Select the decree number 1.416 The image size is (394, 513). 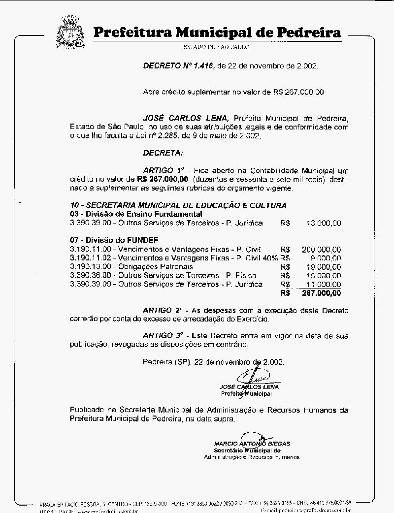[201, 65]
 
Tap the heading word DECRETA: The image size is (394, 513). [163, 153]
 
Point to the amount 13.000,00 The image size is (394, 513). [323, 223]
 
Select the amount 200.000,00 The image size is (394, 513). [321, 250]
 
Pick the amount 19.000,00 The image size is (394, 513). [323, 267]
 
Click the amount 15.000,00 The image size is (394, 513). [323, 276]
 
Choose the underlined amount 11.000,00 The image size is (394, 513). [323, 284]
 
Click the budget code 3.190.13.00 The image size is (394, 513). [92, 267]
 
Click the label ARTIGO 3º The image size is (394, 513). [160, 336]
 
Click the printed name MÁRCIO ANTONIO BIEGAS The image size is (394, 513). [252, 443]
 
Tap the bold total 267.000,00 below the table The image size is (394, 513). [321, 293]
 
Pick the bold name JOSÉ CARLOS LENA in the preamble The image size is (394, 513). [186, 118]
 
